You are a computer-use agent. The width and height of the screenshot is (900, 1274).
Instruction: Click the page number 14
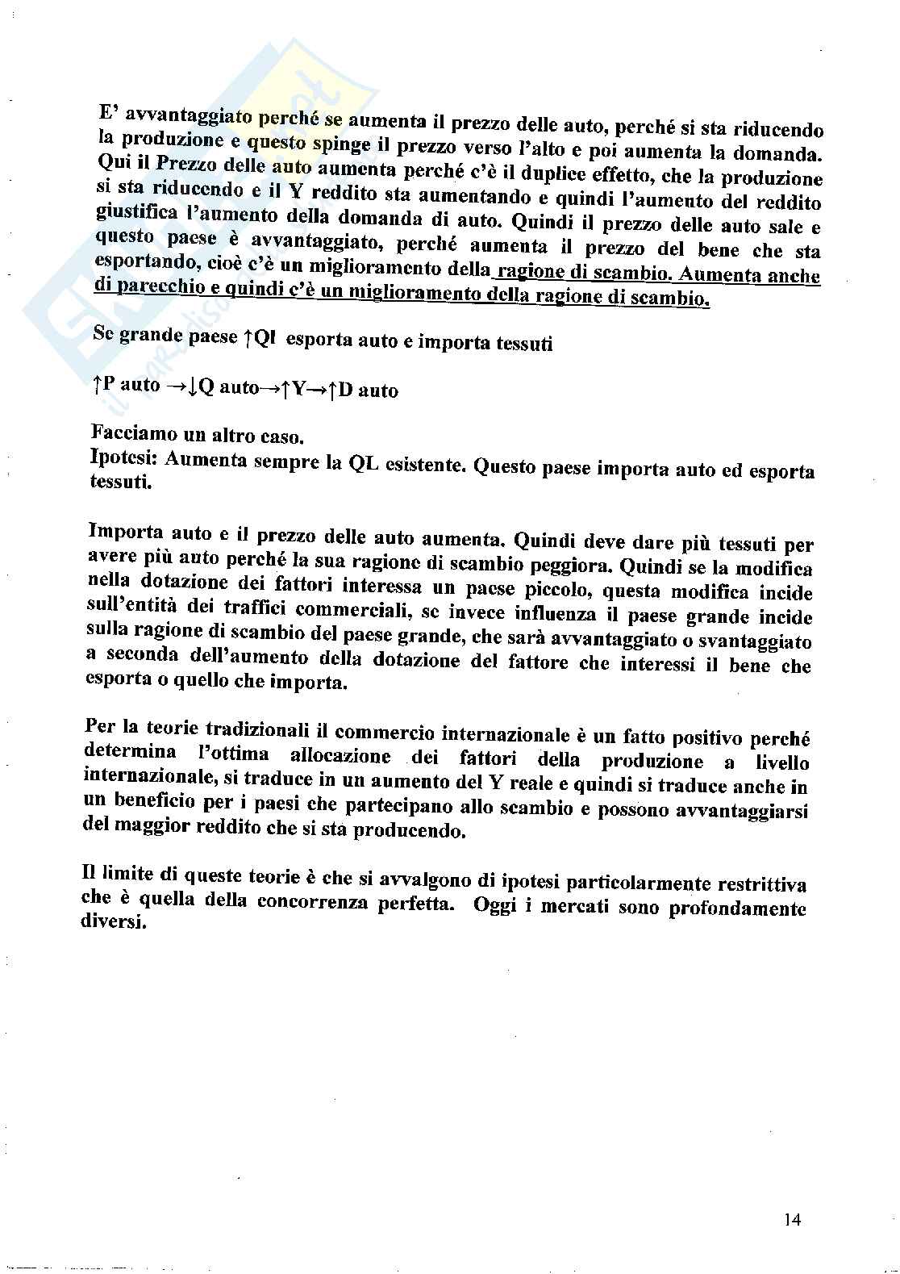coord(791,1220)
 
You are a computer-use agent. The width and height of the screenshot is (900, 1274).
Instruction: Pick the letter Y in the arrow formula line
coord(294,390)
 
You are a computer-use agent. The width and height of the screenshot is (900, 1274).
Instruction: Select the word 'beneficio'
coord(145,804)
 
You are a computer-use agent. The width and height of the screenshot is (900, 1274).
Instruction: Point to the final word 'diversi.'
coord(114,923)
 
